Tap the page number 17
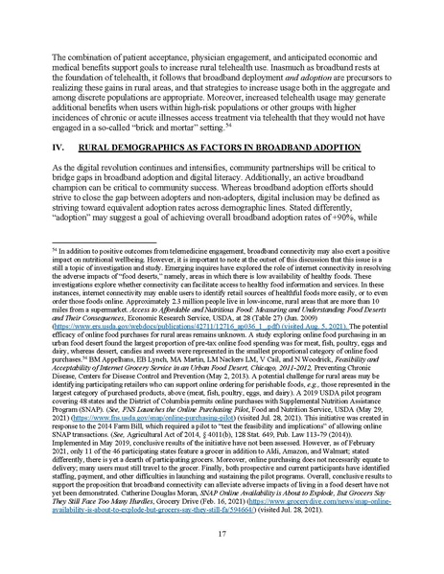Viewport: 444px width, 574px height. coord(222,532)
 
